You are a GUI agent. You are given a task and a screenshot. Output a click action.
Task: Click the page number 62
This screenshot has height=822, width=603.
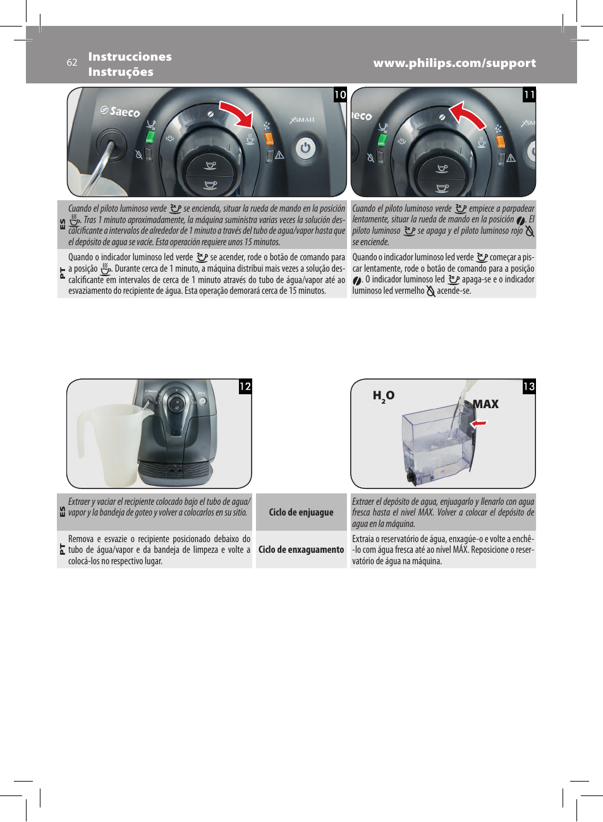(72, 63)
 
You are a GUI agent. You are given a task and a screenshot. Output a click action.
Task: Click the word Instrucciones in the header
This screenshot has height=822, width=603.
(130, 57)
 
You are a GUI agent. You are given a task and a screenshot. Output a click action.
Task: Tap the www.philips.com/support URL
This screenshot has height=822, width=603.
(454, 63)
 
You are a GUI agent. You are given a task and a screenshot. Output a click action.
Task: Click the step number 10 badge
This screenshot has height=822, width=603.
(340, 95)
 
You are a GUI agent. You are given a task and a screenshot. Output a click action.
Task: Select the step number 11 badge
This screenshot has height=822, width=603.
(529, 95)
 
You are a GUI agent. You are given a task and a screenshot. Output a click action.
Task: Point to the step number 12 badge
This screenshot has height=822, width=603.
(245, 387)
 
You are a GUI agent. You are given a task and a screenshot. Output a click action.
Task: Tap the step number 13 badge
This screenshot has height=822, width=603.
(529, 387)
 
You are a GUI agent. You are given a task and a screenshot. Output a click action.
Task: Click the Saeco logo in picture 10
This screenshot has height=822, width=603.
(121, 111)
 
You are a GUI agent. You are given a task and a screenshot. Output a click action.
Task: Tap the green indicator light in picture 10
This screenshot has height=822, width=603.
(150, 137)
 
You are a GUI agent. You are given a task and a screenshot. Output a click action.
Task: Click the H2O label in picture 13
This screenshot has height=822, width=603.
(383, 396)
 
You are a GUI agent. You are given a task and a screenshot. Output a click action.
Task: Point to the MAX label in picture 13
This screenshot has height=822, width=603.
(485, 404)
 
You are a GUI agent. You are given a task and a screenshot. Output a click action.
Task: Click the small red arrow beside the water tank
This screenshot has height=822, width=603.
(478, 423)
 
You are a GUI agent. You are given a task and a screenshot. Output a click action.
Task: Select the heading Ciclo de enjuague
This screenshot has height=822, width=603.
(301, 512)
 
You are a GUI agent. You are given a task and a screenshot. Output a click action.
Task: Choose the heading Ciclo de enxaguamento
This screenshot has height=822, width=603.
(301, 550)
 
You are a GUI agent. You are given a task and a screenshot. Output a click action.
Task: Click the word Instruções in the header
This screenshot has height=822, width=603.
(121, 72)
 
